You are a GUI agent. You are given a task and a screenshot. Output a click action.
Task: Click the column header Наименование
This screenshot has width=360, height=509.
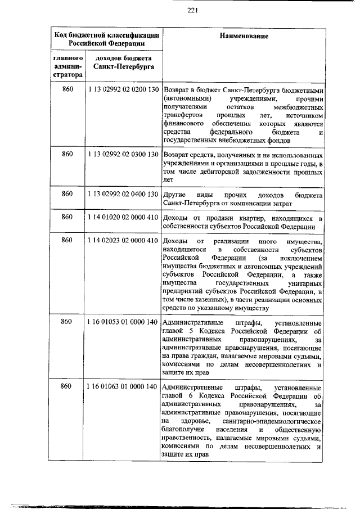244,35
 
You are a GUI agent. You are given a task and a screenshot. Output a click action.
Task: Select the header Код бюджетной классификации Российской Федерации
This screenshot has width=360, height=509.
106,39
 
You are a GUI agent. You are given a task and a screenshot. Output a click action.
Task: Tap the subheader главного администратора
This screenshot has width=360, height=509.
67,66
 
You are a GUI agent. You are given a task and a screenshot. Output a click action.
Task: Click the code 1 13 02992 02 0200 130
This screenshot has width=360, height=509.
122,89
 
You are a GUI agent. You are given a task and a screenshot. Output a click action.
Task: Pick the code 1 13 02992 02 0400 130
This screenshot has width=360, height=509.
122,194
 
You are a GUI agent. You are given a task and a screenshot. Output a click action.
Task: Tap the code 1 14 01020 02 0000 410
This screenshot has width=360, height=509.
122,218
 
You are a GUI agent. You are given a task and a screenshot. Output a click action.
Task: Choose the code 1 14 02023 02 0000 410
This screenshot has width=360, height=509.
122,241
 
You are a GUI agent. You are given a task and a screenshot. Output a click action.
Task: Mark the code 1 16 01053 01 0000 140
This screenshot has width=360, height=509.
122,322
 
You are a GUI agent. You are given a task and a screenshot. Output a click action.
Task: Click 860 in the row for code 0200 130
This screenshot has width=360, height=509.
67,89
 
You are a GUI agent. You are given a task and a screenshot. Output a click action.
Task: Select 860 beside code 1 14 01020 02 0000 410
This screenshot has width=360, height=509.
67,218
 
